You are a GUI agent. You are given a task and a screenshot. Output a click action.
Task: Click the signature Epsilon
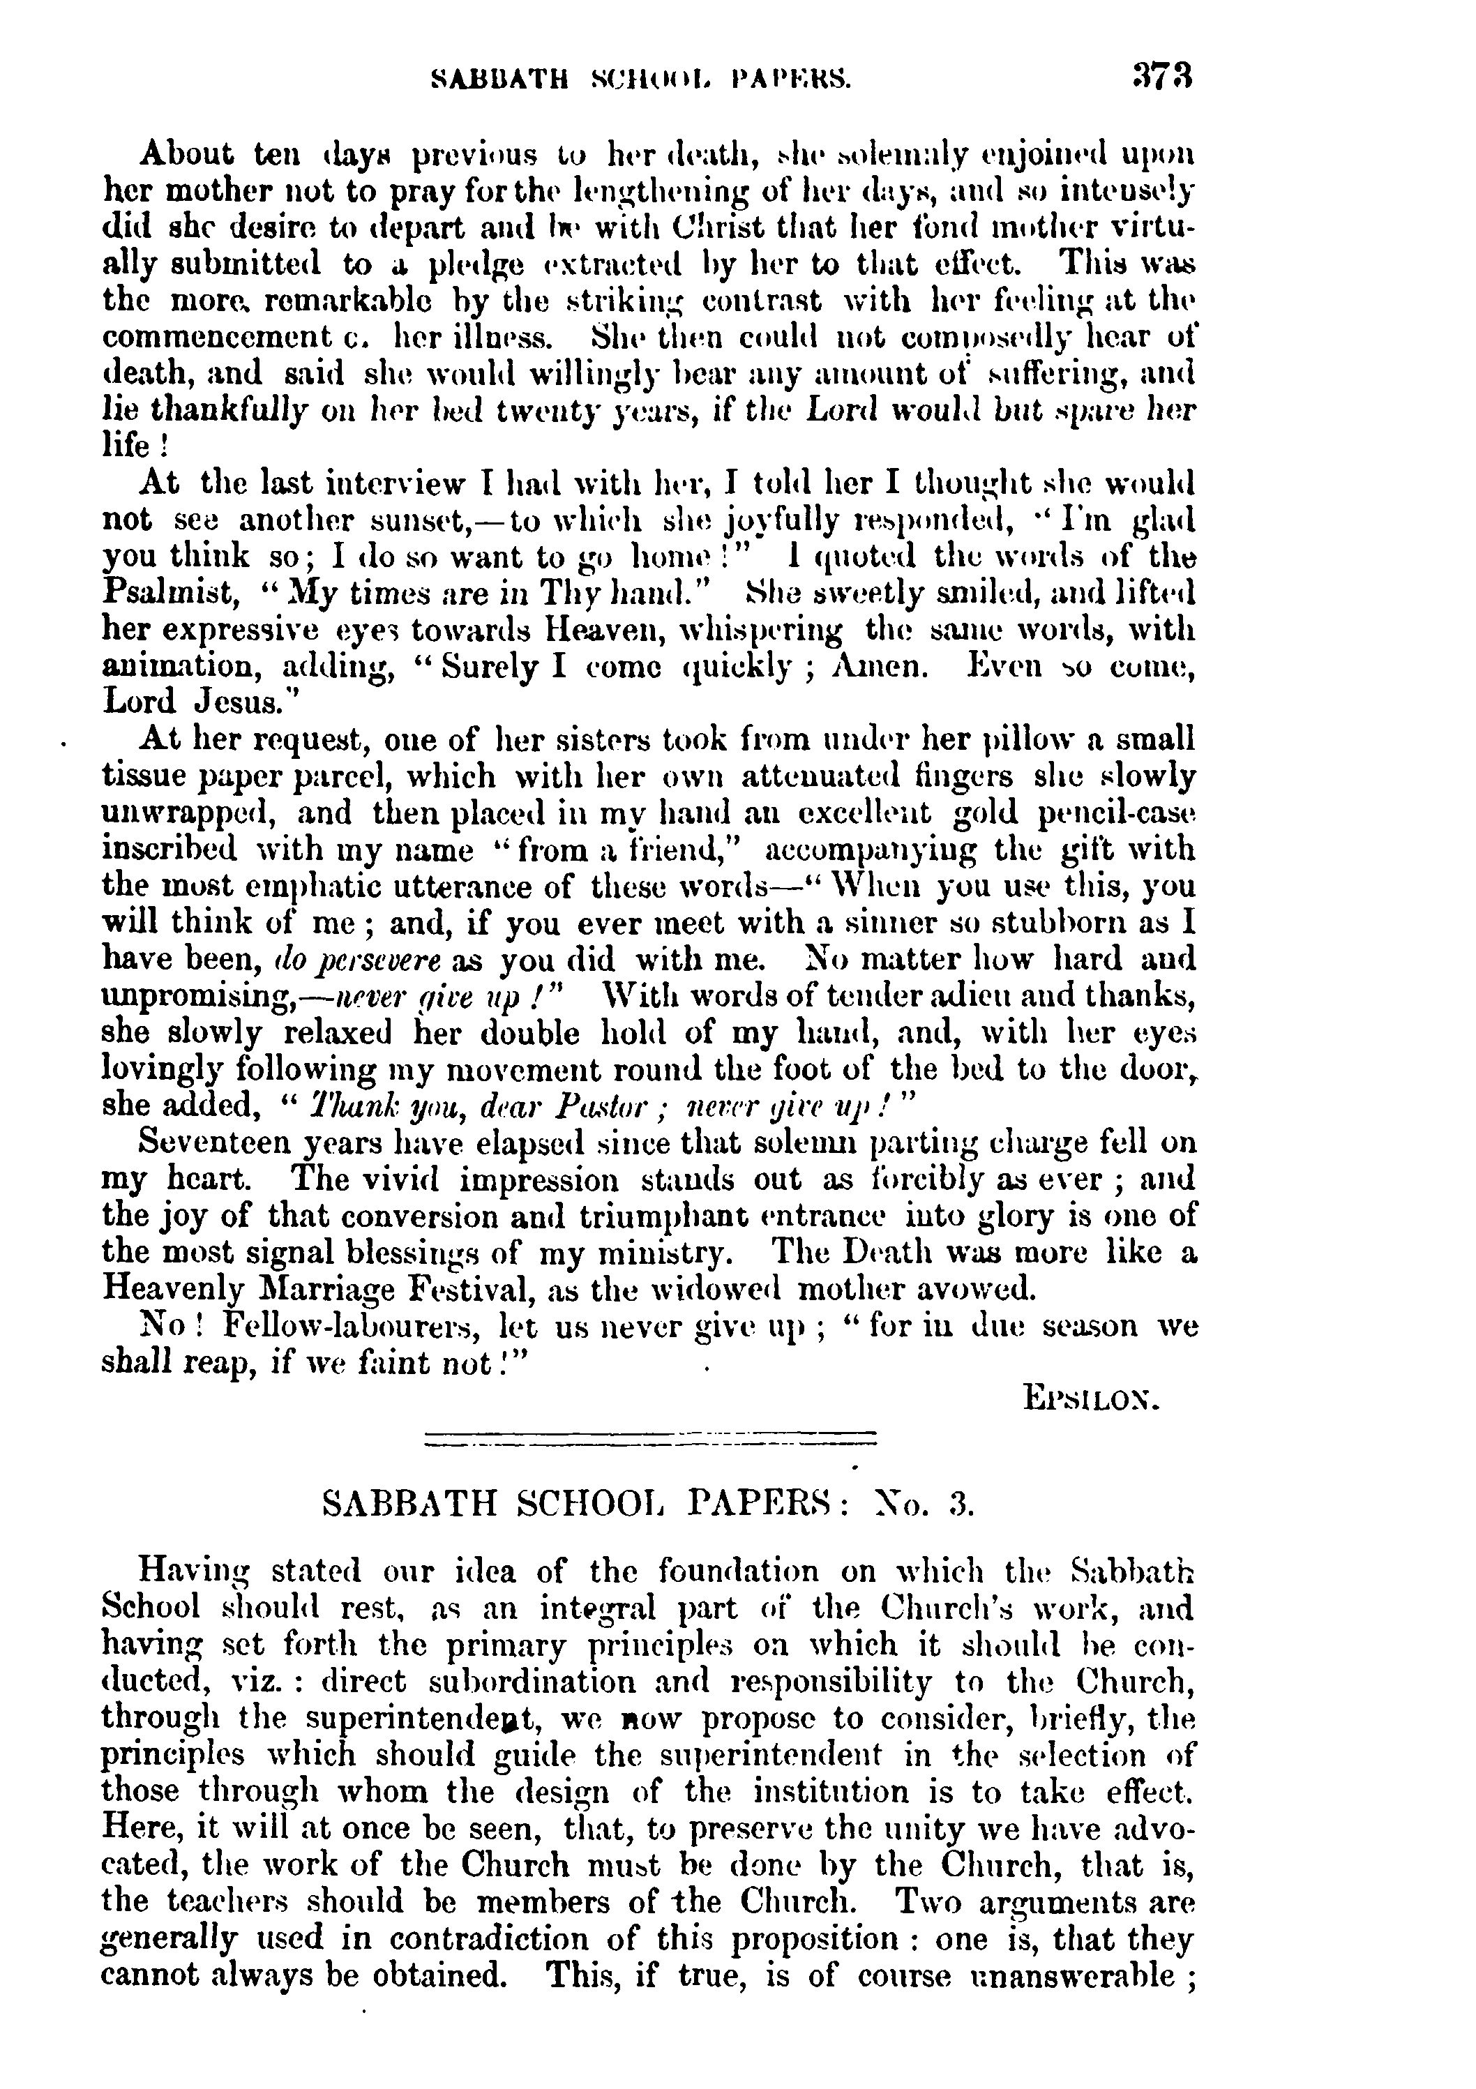pyautogui.click(x=1092, y=1396)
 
